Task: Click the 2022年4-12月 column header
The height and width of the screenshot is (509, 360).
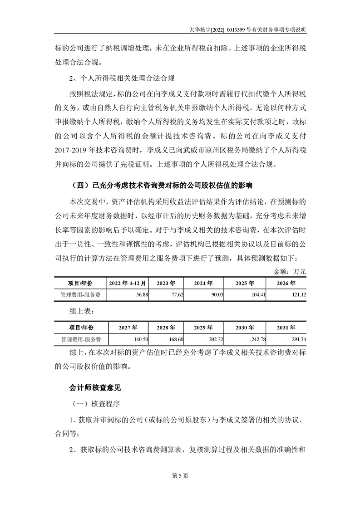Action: click(x=128, y=283)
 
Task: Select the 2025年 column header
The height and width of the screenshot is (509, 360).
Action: click(x=245, y=283)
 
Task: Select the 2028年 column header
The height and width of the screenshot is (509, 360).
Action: click(x=166, y=328)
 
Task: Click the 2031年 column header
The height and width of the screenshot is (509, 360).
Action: click(x=286, y=328)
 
